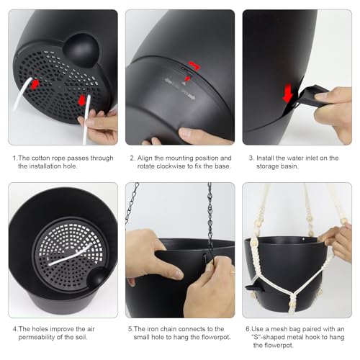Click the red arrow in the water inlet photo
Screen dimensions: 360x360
pyautogui.click(x=287, y=94)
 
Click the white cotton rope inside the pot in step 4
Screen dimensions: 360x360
pyautogui.click(x=71, y=254)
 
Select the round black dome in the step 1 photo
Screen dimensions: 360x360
pyautogui.click(x=81, y=50)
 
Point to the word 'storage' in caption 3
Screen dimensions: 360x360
pyautogui.click(x=266, y=166)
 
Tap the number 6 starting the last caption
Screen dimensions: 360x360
pyautogui.click(x=248, y=329)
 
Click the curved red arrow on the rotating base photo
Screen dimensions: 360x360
pyautogui.click(x=194, y=66)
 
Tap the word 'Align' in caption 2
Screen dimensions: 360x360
pyautogui.click(x=145, y=158)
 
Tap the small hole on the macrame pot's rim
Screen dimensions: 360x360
pyautogui.click(x=304, y=239)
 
